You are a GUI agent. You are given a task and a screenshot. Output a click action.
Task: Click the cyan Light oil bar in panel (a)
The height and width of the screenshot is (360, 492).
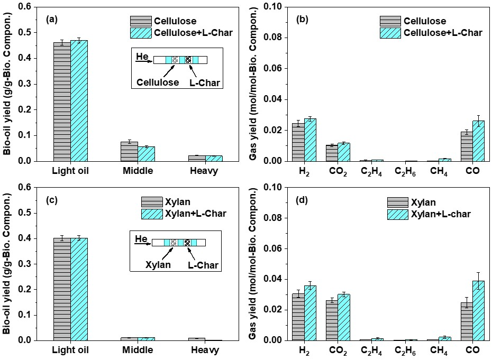79,100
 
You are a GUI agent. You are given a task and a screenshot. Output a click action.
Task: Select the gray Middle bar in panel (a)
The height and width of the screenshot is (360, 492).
129,152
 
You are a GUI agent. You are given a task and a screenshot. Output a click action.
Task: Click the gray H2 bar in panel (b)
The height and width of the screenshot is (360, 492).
298,142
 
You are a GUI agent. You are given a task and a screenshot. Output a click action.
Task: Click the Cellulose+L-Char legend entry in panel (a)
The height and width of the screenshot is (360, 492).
193,33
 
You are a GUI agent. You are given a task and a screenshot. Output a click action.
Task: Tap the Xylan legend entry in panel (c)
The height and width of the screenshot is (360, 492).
178,202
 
